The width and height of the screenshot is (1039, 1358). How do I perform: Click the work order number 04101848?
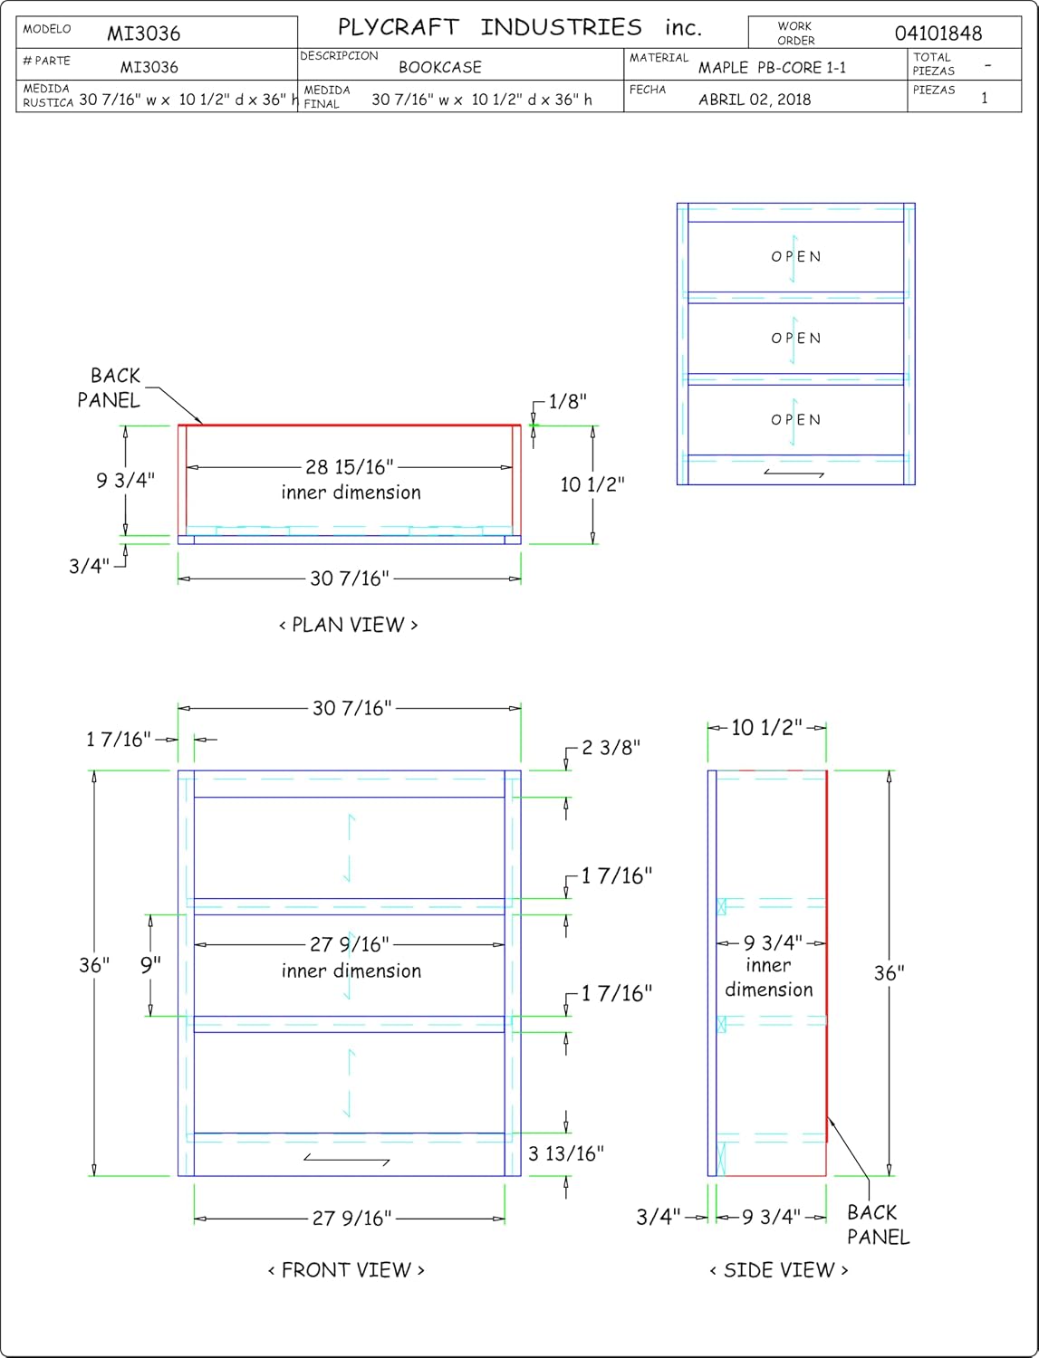938,33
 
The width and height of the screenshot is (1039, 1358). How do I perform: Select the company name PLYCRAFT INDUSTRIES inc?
520,27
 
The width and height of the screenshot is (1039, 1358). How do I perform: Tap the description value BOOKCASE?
440,67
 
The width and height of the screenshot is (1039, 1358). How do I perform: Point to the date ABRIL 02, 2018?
755,99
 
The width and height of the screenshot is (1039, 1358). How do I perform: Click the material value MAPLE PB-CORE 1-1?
772,67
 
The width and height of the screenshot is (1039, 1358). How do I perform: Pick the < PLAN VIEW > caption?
349,625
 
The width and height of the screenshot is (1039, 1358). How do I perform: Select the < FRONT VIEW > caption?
346,1269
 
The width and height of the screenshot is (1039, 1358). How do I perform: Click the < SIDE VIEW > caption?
778,1269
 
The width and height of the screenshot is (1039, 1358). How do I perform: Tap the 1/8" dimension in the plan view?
567,401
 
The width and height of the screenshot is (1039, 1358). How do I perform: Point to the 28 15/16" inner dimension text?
350,466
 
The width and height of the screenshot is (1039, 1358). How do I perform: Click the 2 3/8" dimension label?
611,747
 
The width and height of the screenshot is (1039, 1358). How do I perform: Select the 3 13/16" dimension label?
565,1152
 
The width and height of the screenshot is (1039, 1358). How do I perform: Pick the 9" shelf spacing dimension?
150,964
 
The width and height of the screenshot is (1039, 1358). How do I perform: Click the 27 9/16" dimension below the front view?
351,1218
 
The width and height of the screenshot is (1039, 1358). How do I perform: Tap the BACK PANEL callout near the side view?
878,1224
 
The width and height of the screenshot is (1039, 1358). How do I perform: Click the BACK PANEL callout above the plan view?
109,387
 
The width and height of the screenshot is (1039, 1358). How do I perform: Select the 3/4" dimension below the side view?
658,1217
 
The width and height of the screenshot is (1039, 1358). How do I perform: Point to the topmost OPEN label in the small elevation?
796,256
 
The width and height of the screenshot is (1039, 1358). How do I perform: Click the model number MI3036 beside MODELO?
143,33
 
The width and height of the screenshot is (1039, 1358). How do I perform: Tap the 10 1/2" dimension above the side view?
766,727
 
